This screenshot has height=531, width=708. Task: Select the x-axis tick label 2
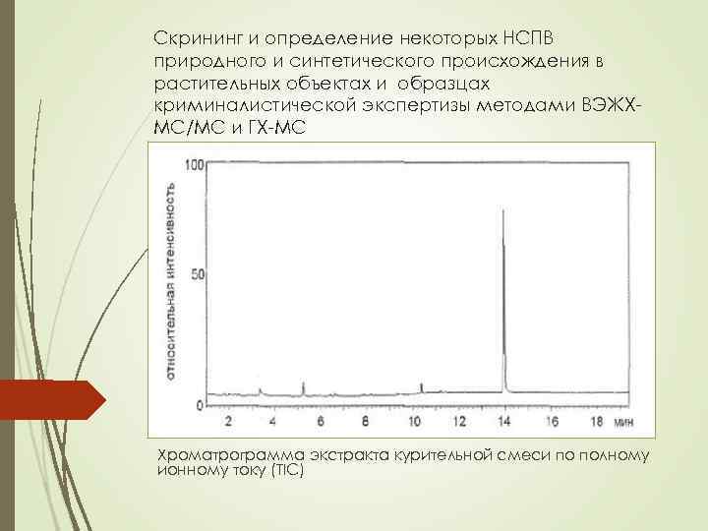[228, 421]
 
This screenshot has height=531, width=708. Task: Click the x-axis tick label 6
[320, 421]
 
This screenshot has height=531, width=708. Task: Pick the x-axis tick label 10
[413, 421]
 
